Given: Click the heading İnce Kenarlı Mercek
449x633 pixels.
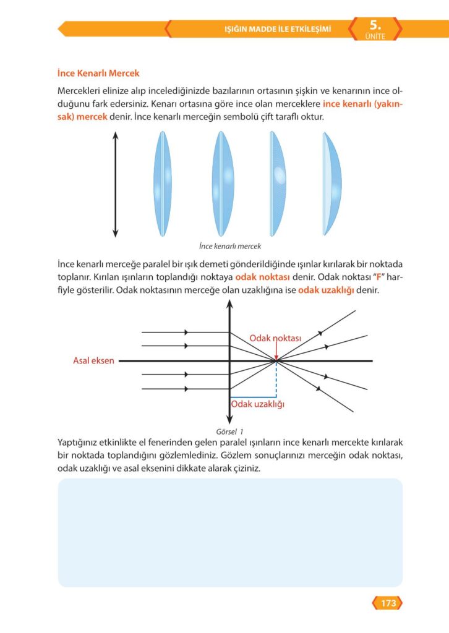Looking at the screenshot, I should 98,74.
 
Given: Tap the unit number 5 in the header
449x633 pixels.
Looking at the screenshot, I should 375,25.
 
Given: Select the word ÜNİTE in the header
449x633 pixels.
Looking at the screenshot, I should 375,36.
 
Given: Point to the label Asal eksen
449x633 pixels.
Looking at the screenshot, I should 93,360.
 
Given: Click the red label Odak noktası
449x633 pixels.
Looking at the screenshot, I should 275,338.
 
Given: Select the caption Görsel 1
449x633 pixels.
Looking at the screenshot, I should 229,431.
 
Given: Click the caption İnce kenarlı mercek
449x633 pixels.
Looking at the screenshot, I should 230,245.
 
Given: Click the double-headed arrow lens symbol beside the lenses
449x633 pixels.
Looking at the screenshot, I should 115,184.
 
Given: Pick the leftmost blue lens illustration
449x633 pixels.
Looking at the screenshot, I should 161,184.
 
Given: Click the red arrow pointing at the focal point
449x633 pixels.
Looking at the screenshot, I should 276,352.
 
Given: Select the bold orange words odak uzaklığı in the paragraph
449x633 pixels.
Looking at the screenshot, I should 325,290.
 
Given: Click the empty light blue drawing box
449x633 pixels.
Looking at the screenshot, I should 229,532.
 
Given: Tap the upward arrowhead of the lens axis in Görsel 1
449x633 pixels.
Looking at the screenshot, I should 230,305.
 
